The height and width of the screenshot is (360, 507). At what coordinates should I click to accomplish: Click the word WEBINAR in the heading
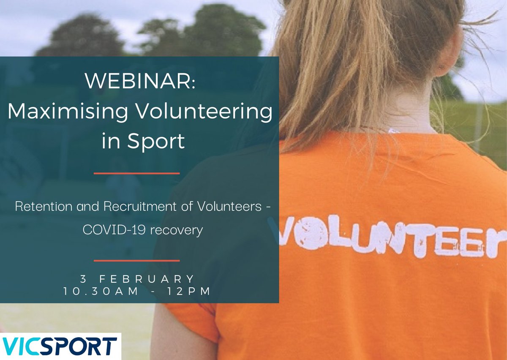139,81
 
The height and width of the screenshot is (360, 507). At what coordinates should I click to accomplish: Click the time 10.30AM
101,292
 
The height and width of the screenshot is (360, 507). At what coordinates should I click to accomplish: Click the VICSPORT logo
59,346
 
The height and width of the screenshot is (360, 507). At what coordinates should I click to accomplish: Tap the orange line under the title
136,173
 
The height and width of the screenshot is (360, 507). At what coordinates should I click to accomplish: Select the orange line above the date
136,261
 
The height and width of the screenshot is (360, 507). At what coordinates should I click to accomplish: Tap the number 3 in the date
82,279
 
